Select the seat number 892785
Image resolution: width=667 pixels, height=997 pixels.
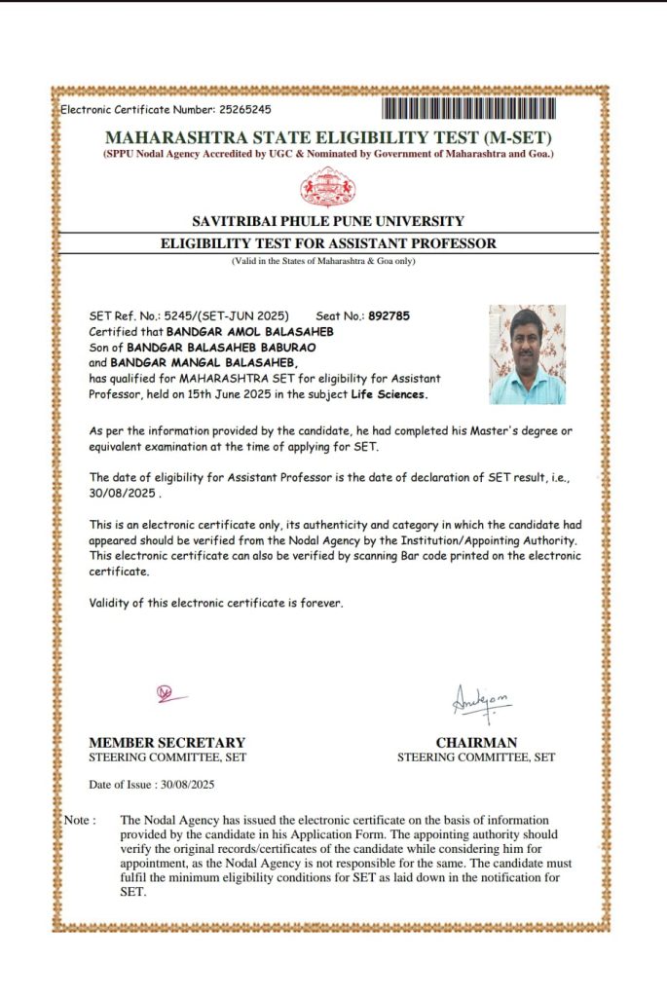point(389,316)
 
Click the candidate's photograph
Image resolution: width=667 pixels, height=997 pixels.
point(527,354)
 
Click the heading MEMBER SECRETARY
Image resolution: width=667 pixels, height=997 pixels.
point(167,742)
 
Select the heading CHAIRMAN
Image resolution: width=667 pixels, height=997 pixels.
point(476,742)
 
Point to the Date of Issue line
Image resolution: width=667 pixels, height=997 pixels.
point(151,784)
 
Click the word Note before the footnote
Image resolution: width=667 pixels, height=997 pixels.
point(79,820)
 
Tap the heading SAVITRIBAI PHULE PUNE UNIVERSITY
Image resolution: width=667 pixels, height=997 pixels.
point(328,221)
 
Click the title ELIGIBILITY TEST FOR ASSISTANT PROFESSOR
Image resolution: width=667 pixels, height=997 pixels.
point(328,243)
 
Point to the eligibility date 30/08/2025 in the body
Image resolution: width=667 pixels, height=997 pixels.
point(120,493)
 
